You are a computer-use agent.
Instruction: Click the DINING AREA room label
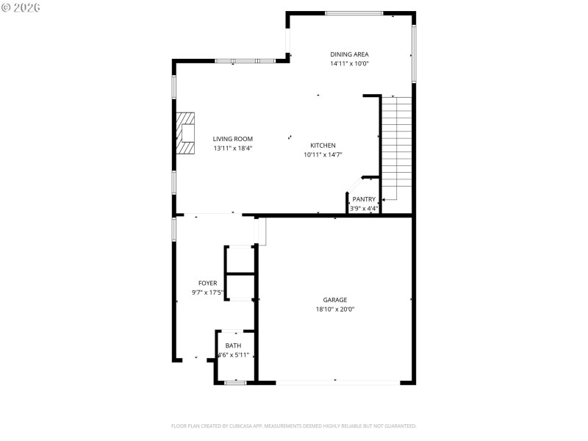click(x=349, y=54)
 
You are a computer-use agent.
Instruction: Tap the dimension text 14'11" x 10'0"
click(x=349, y=64)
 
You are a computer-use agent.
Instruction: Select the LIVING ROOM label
click(x=233, y=139)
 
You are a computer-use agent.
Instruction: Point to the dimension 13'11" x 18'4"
click(x=233, y=148)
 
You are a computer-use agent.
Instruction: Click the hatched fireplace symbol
click(x=186, y=133)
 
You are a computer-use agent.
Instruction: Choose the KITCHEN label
click(x=323, y=146)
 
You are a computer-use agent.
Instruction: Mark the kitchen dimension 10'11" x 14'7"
click(x=323, y=155)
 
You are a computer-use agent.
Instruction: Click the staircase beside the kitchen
click(x=395, y=147)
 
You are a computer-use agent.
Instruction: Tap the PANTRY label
click(x=364, y=199)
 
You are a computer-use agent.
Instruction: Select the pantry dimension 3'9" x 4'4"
click(x=364, y=209)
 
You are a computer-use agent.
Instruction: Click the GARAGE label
click(x=334, y=300)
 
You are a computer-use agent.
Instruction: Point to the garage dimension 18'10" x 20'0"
click(x=334, y=309)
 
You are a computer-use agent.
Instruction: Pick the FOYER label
click(x=207, y=283)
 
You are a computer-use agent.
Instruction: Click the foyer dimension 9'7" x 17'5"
click(x=207, y=293)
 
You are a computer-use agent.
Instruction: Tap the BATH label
click(x=233, y=345)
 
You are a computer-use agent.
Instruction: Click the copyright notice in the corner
click(x=21, y=7)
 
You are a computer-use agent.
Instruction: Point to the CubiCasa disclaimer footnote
click(x=294, y=426)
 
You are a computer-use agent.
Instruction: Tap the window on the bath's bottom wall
click(x=235, y=382)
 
